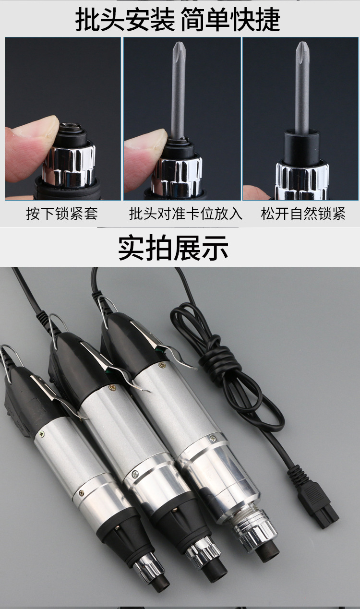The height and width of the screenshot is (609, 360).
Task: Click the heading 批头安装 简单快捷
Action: [178, 19]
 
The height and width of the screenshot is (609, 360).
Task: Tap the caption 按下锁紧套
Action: [62, 214]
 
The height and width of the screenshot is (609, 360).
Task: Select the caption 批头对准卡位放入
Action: [185, 214]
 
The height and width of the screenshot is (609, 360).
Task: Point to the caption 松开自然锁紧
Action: [303, 214]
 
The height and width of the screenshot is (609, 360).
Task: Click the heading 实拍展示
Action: [173, 248]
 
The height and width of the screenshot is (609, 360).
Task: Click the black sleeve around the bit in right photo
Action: [302, 146]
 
